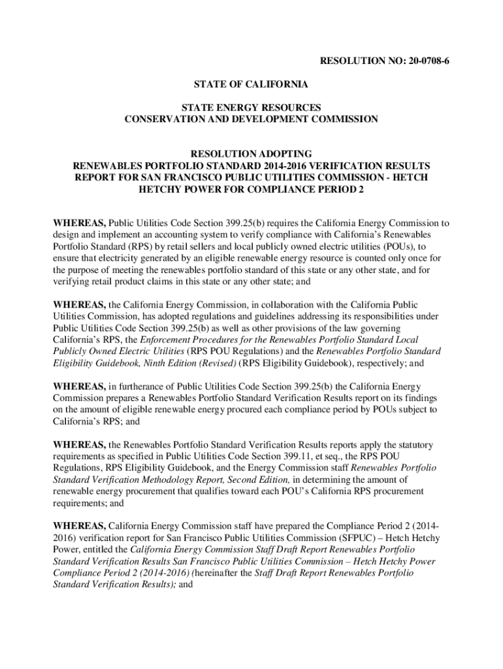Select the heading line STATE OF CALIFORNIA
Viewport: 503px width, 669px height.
tap(252, 84)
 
